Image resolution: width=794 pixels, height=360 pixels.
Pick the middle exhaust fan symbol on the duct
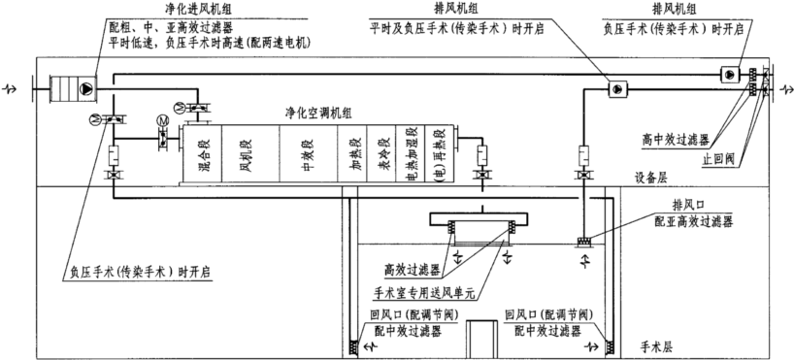[617, 89]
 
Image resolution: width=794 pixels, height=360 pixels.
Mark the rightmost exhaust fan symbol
[729, 74]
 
